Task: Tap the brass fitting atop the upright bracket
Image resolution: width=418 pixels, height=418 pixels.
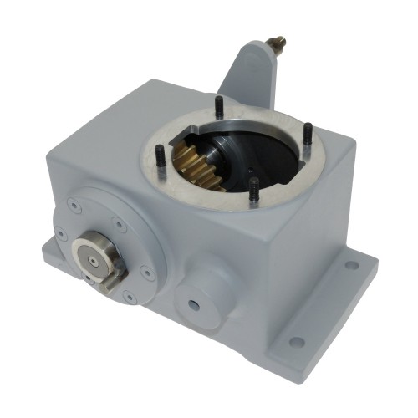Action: (276, 42)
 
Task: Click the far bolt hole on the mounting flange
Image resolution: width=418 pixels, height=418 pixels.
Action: (351, 266)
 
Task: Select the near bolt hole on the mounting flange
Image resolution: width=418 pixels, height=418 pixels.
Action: (294, 341)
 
